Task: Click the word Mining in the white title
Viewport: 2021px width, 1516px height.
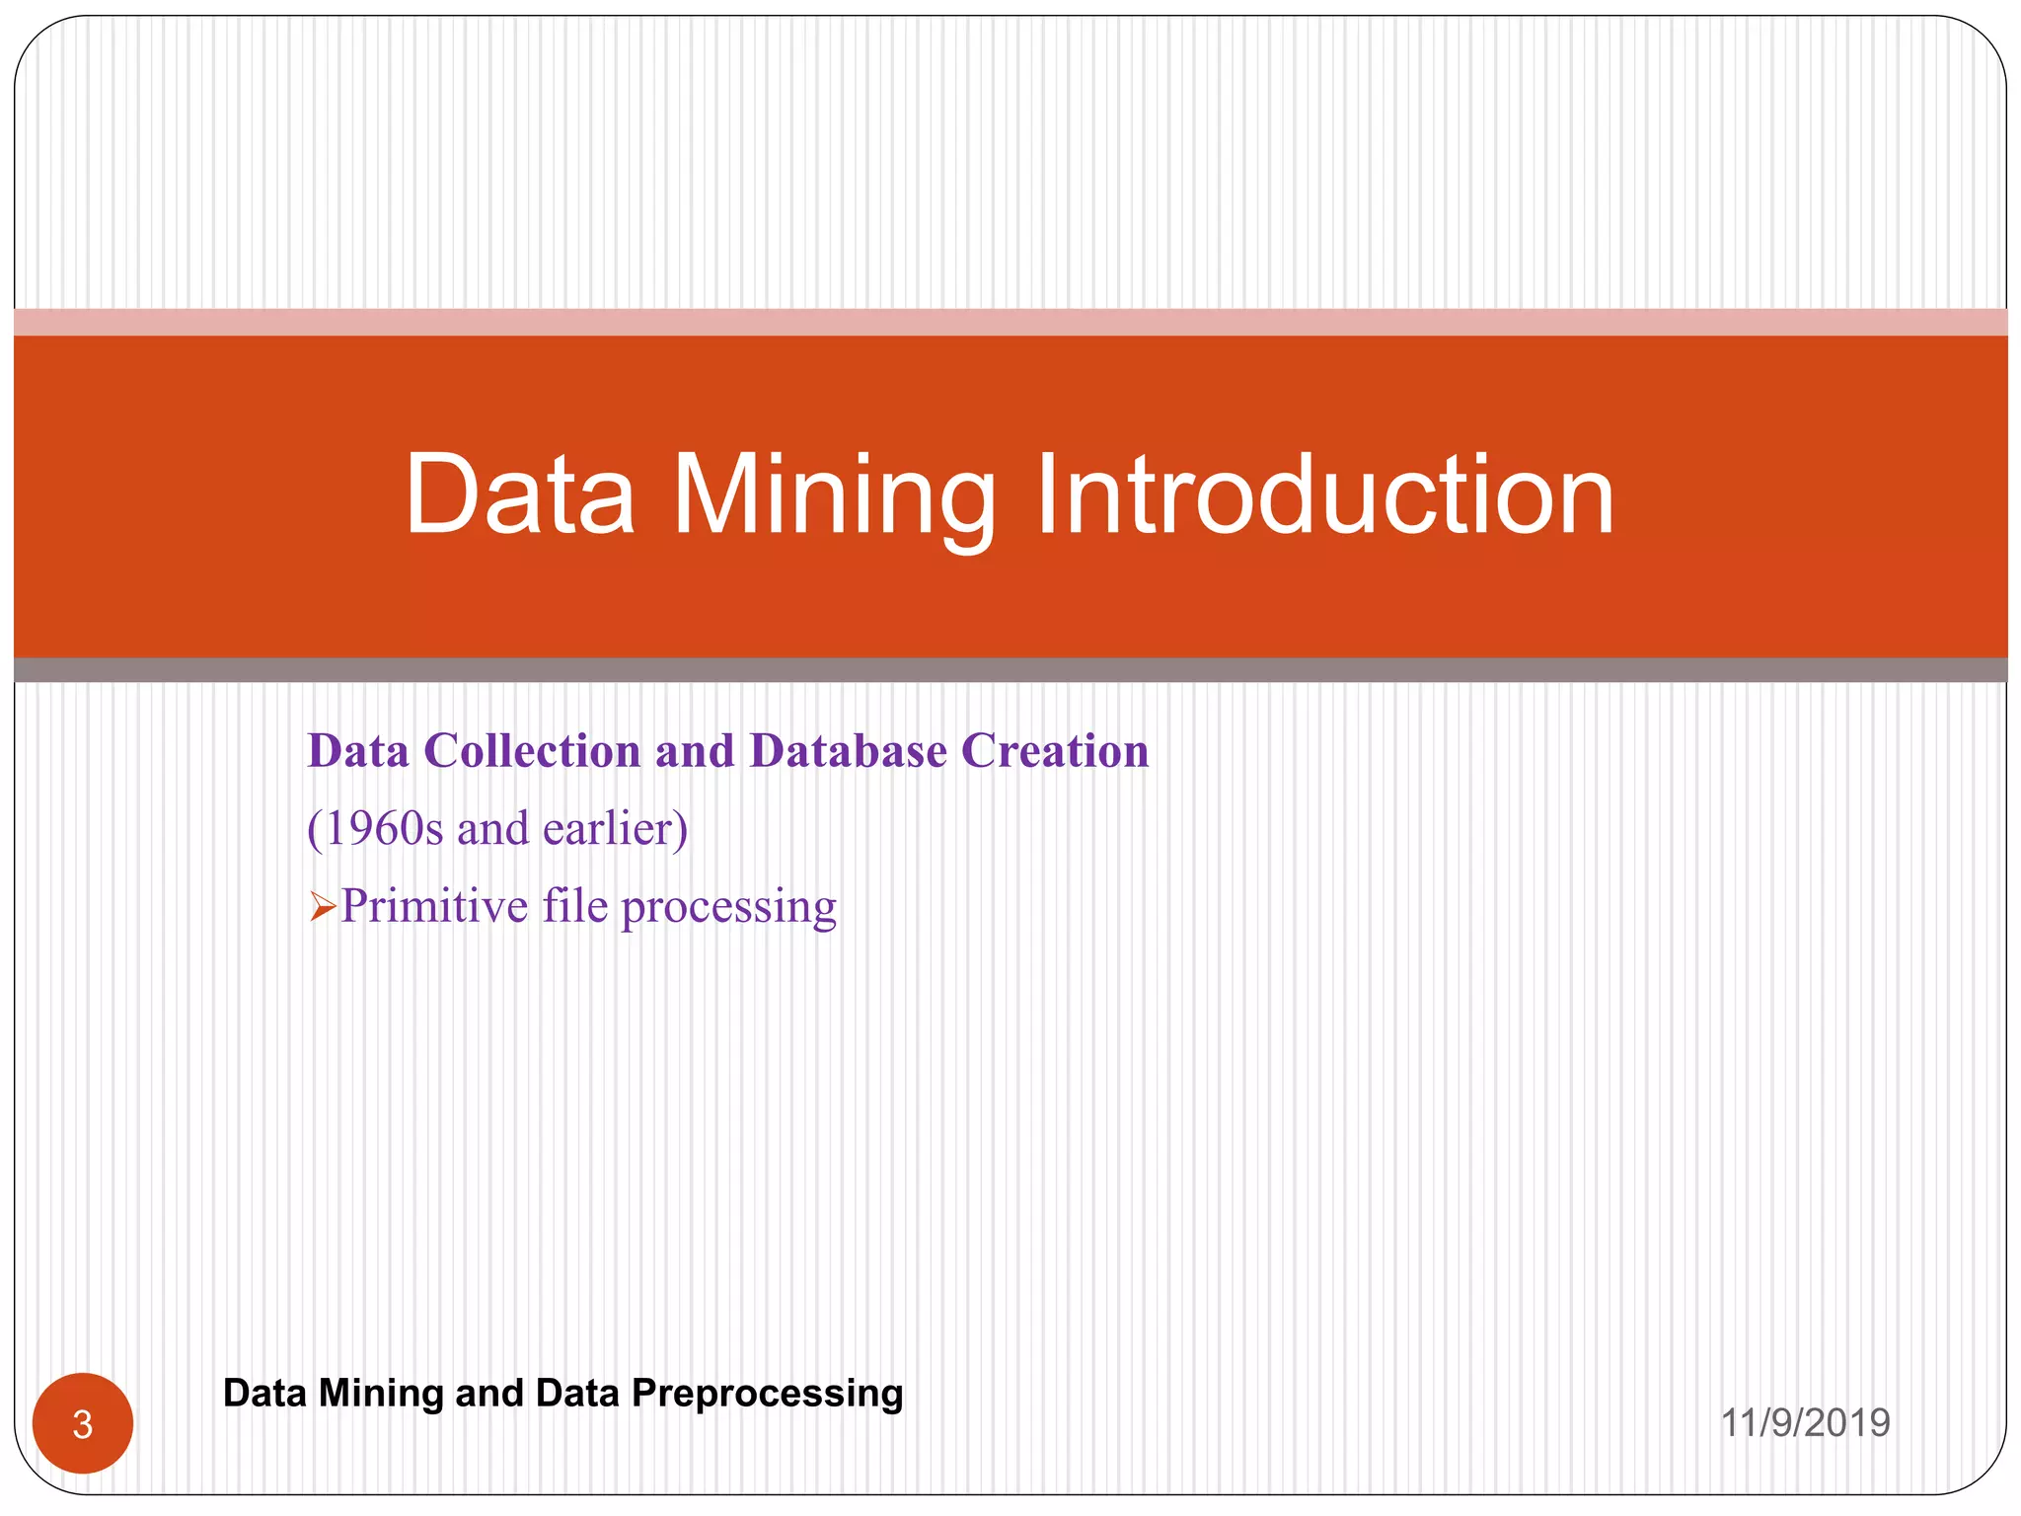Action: (834, 495)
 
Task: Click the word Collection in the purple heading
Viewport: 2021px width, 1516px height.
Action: (532, 751)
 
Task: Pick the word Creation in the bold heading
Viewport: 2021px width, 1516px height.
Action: (1055, 751)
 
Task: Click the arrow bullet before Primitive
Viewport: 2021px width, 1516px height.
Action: (323, 906)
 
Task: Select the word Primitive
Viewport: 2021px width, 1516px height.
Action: (434, 906)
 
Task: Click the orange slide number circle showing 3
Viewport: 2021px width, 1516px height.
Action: (83, 1423)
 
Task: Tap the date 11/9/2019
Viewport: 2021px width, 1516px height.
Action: (1805, 1422)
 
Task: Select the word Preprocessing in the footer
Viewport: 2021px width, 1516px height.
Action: (767, 1394)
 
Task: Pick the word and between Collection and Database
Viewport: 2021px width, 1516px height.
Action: (695, 751)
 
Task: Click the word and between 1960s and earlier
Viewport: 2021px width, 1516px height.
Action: (492, 828)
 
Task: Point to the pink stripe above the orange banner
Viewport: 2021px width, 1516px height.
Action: (1010, 322)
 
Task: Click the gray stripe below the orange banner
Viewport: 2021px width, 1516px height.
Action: (1010, 670)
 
